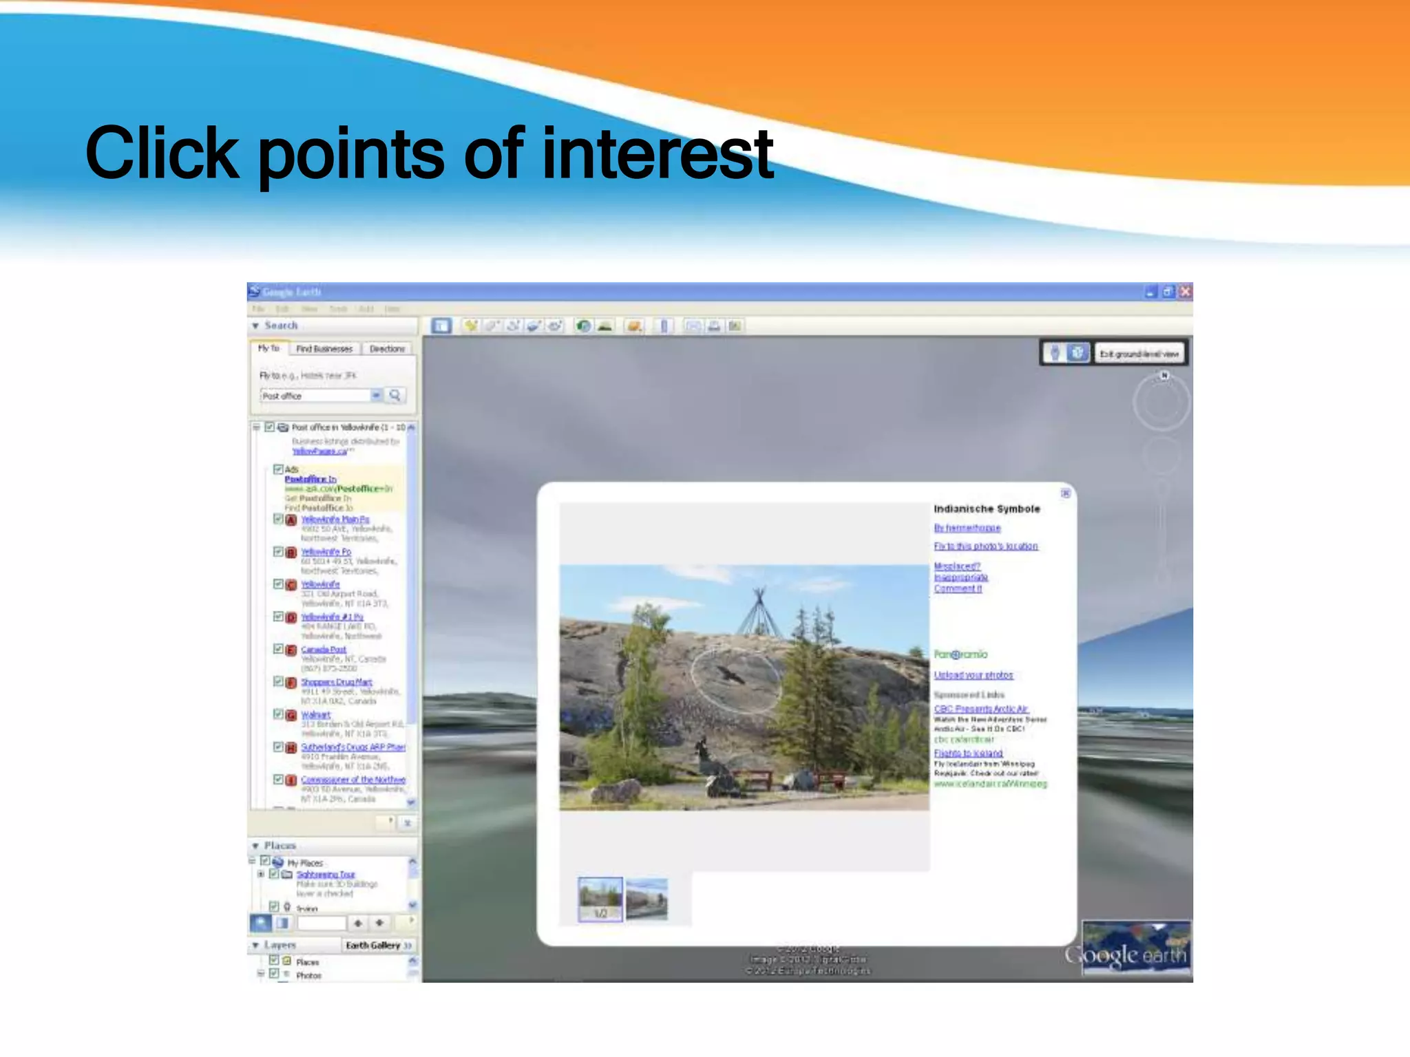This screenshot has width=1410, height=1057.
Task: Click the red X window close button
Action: pyautogui.click(x=1185, y=292)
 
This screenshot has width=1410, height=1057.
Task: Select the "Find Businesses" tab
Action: pyautogui.click(x=324, y=349)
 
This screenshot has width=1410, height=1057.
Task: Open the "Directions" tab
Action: pyautogui.click(x=387, y=349)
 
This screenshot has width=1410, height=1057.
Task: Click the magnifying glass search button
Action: pyautogui.click(x=394, y=395)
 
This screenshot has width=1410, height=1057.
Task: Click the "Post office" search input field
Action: pyautogui.click(x=315, y=396)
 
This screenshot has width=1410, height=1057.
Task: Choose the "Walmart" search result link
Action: pyautogui.click(x=316, y=715)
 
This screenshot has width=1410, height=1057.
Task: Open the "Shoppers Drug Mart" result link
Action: pyautogui.click(x=337, y=682)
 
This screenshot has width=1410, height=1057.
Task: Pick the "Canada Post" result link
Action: pyautogui.click(x=324, y=649)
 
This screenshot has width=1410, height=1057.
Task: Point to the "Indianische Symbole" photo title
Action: pyautogui.click(x=987, y=509)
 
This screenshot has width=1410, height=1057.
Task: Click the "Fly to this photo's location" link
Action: pyautogui.click(x=985, y=546)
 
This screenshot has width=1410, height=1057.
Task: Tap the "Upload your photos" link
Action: pyautogui.click(x=974, y=675)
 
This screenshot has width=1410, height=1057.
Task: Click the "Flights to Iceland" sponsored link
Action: pyautogui.click(x=968, y=754)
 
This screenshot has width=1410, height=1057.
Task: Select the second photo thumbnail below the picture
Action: pyautogui.click(x=646, y=898)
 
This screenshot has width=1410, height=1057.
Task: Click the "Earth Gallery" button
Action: pyautogui.click(x=378, y=946)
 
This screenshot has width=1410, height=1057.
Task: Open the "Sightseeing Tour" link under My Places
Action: pyautogui.click(x=326, y=874)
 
